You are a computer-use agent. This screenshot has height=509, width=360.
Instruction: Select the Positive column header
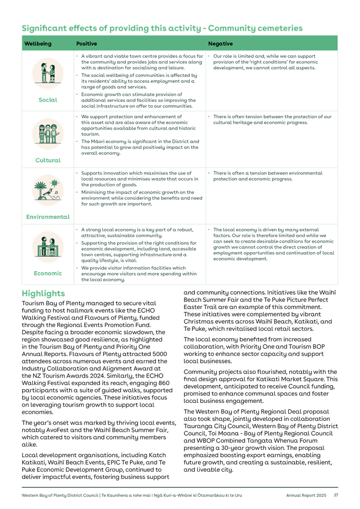[86, 43]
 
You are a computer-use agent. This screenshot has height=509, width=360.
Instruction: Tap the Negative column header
[220, 43]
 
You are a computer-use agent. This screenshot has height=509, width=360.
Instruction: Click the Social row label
[48, 100]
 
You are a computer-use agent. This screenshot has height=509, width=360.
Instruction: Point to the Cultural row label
[48, 160]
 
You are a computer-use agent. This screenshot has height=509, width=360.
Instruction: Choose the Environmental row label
[48, 216]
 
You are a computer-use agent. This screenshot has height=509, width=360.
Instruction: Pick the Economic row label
[48, 273]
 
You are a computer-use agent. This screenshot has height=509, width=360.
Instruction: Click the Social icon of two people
[48, 73]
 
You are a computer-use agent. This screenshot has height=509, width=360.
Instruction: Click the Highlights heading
[43, 293]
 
